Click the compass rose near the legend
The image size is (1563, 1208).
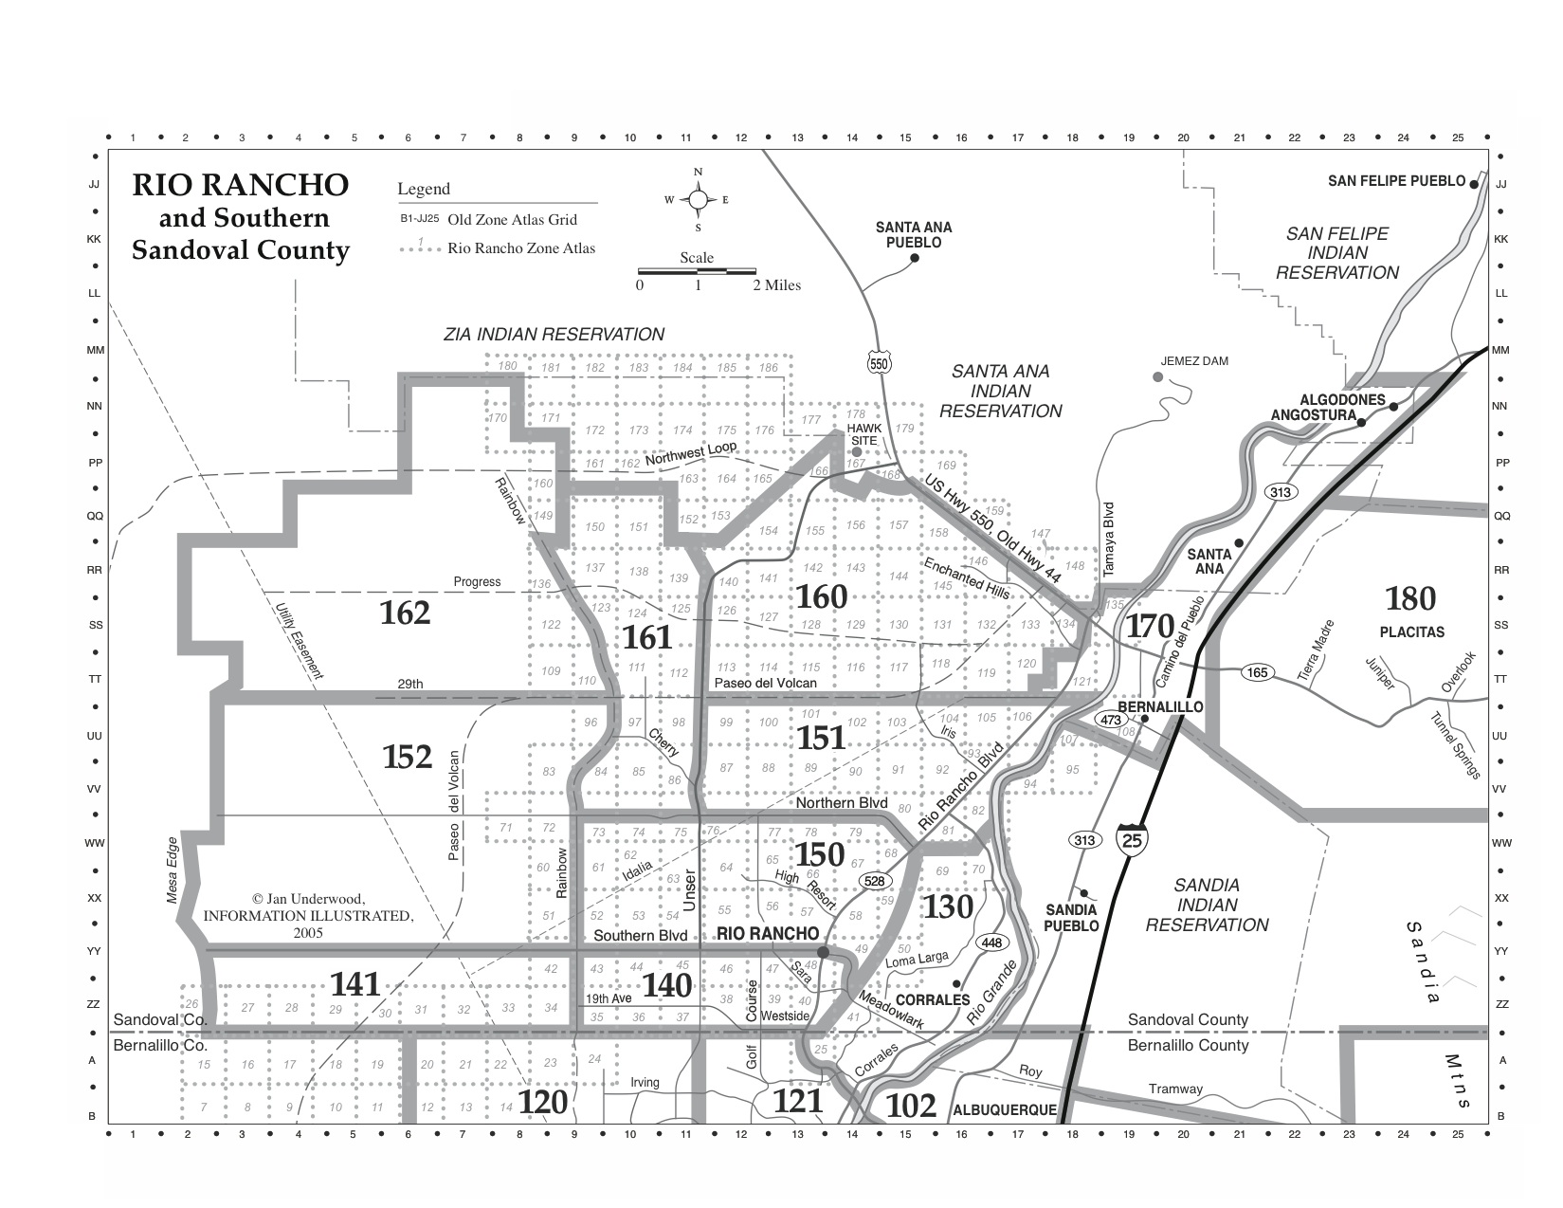698,199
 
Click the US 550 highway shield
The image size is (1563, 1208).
879,362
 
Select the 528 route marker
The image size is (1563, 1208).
874,882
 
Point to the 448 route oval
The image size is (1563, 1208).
991,943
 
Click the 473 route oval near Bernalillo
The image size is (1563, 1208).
1110,720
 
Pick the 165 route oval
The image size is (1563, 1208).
1257,672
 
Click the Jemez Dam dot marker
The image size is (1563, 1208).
1157,377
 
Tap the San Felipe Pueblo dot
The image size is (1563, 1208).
1474,181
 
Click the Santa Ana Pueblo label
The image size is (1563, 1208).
914,234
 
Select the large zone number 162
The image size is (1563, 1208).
405,613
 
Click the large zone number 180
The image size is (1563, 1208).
1410,598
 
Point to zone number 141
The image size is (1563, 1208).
355,984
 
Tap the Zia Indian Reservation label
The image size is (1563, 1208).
554,334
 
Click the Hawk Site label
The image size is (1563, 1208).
863,434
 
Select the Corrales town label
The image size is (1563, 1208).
933,999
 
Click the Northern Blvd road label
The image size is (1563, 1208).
842,803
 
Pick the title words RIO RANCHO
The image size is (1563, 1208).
240,184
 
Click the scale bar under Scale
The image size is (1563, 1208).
697,271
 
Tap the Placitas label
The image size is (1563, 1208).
1412,631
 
